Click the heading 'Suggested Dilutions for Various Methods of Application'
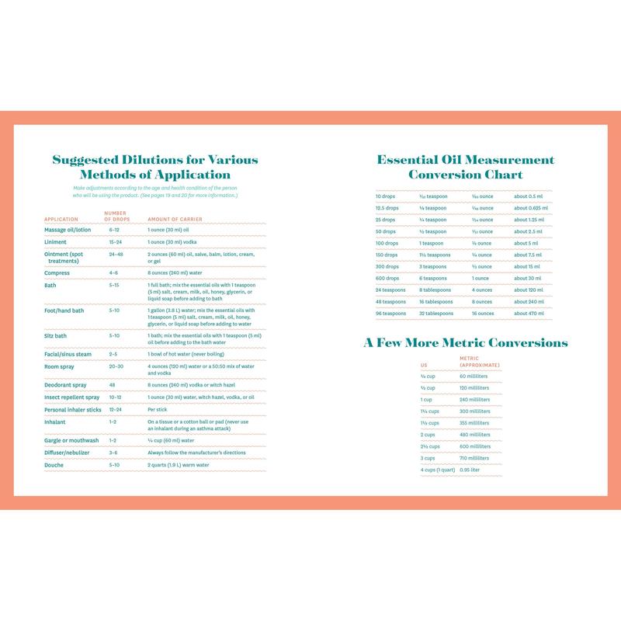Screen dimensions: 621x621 (155, 168)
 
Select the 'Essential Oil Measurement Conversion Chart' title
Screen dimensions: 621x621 (465, 167)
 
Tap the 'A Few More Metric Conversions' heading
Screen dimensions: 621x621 (465, 342)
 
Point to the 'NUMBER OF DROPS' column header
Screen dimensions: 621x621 (116, 215)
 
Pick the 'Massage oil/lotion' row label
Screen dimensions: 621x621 (67, 231)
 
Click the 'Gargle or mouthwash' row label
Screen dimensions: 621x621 (70, 439)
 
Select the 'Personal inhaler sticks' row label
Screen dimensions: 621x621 (72, 409)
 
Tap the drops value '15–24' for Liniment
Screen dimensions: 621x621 (116, 242)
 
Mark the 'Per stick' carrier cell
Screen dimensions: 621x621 (158, 409)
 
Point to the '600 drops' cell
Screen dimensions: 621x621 (387, 279)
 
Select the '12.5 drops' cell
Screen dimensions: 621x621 (387, 208)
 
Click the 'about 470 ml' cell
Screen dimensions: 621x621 (530, 314)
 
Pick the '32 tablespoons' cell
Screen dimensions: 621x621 (437, 314)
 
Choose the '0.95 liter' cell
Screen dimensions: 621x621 (470, 470)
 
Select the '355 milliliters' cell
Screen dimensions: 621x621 (475, 423)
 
